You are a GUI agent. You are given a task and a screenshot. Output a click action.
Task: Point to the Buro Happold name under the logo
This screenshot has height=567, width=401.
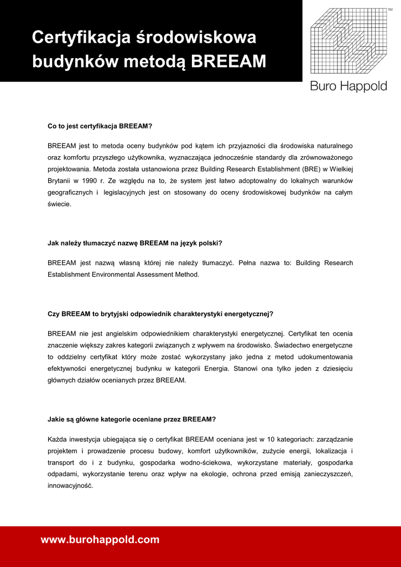[x=348, y=86]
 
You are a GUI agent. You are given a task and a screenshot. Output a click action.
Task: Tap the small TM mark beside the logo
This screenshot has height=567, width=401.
[x=389, y=3]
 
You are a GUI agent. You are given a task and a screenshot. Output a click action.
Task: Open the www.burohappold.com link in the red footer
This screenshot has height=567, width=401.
[x=100, y=540]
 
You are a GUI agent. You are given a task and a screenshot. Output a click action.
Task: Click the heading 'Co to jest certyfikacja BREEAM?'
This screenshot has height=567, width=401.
[x=100, y=126]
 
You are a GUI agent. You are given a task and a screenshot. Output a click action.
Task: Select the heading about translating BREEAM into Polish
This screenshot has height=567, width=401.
[x=135, y=243]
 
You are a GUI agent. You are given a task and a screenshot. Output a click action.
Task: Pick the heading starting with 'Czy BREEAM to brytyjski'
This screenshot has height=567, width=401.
[x=160, y=314]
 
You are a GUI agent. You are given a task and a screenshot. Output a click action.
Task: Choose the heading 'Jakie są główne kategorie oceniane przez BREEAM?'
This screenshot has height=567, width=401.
[x=132, y=419]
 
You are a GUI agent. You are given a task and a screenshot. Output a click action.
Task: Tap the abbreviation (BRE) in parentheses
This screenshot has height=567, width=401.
[x=310, y=169]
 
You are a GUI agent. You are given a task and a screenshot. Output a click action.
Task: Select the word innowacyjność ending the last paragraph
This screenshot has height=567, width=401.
[x=70, y=486]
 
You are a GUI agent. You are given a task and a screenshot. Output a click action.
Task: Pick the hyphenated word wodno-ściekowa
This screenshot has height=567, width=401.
[x=206, y=462]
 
